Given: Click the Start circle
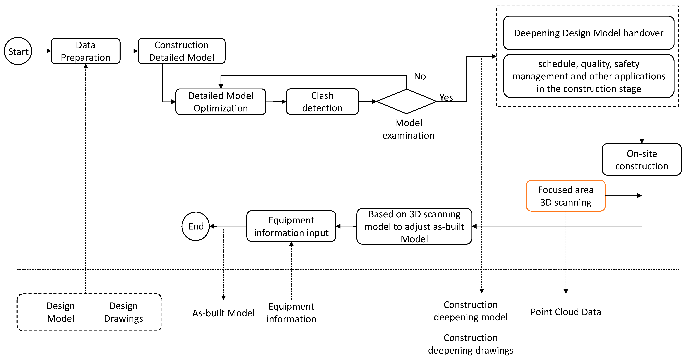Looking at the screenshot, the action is point(18,51).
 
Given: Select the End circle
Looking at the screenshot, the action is point(195,226).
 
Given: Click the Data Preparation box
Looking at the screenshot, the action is point(85,51).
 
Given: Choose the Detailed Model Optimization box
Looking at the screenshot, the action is point(221,102).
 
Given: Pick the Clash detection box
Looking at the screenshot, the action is point(322,102).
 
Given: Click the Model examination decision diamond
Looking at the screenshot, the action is point(407,102).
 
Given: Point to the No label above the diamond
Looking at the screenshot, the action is point(420,76).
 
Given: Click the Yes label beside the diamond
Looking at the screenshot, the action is point(446,97).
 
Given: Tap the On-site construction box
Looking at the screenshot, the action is point(641,160).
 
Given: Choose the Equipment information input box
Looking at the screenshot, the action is point(291,226).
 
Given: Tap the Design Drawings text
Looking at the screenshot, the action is point(123,312).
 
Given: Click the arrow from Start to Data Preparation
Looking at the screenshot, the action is point(41,51).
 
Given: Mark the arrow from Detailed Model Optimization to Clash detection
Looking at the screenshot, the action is point(276,102).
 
